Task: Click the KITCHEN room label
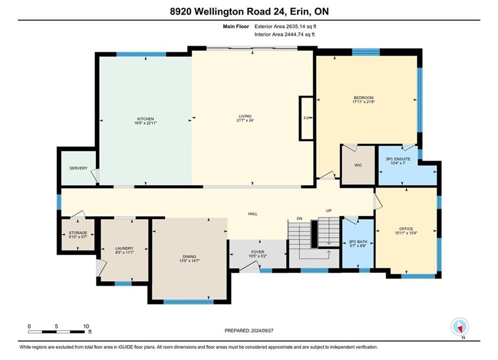point(146,119)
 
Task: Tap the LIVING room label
point(245,116)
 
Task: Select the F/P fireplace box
point(306,118)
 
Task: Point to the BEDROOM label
point(364,97)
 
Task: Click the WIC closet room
point(358,165)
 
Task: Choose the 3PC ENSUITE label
point(398,159)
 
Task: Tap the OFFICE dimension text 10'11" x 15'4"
point(406,233)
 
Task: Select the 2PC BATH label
point(358,241)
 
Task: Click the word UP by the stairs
point(329,210)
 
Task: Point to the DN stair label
point(299,218)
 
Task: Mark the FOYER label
point(258,252)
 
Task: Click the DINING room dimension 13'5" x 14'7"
point(189,260)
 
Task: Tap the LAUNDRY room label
point(125,248)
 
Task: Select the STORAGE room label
point(78,233)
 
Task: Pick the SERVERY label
point(79,168)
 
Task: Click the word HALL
point(253,214)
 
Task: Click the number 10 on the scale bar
point(86,326)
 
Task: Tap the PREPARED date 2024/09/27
point(262,330)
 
